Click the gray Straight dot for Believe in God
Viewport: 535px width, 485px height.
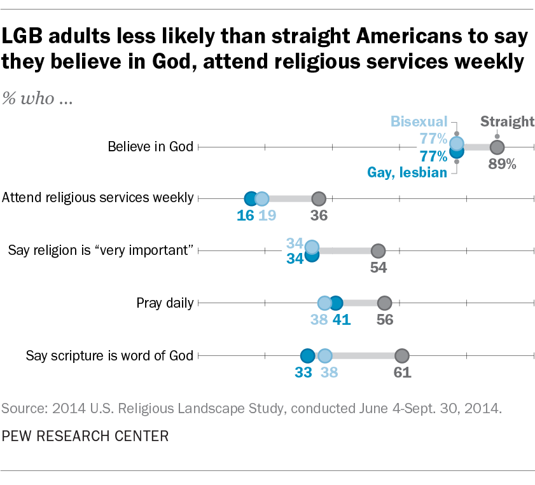pos(497,147)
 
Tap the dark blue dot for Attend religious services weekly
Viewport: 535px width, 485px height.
pos(251,198)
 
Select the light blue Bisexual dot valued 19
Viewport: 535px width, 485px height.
pos(261,198)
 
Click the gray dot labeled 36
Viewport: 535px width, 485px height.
pos(319,198)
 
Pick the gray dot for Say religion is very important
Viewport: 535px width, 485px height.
pos(378,250)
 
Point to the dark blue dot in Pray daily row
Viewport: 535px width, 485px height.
pos(336,303)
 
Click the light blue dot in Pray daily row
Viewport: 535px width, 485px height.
pos(324,303)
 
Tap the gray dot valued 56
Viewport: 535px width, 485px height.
pos(384,303)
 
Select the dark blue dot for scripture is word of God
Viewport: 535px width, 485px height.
pos(307,355)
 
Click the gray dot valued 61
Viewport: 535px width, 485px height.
pos(401,355)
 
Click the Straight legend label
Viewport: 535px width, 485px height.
pos(506,121)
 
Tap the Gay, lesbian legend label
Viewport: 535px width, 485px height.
pos(407,172)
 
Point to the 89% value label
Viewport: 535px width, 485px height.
pos(502,164)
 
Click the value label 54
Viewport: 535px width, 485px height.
pos(379,267)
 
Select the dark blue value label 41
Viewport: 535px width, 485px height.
pos(342,320)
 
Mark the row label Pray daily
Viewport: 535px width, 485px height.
pos(165,303)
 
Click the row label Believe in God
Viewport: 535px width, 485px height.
pos(150,147)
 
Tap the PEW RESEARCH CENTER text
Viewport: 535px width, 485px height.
pos(85,436)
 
